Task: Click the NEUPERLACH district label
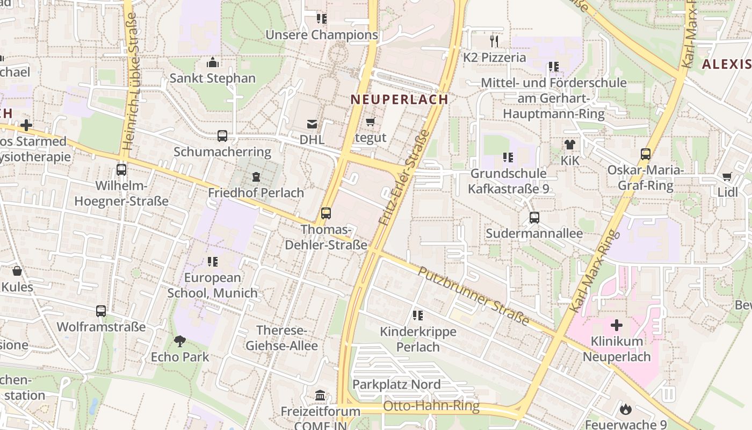click(399, 99)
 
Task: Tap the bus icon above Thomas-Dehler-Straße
click(326, 213)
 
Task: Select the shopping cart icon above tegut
click(370, 122)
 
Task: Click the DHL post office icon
click(312, 124)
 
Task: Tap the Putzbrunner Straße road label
click(473, 296)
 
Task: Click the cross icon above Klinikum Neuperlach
click(617, 325)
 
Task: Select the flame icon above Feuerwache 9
click(625, 410)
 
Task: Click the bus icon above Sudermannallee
click(534, 218)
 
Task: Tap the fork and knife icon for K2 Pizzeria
click(494, 41)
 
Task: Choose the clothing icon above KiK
click(569, 145)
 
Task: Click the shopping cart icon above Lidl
click(727, 176)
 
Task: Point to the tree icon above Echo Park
click(180, 341)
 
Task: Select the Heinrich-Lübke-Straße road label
click(129, 81)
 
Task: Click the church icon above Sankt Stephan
click(213, 62)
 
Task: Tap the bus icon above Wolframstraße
click(101, 311)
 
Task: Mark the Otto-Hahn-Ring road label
click(431, 406)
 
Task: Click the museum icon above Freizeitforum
click(320, 396)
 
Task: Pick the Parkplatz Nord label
click(396, 384)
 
